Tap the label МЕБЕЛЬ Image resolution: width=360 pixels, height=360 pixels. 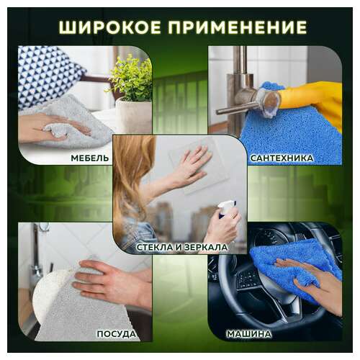point(90,157)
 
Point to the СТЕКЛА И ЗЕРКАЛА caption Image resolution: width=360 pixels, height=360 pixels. point(181,247)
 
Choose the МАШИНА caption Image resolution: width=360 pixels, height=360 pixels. point(249,334)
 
